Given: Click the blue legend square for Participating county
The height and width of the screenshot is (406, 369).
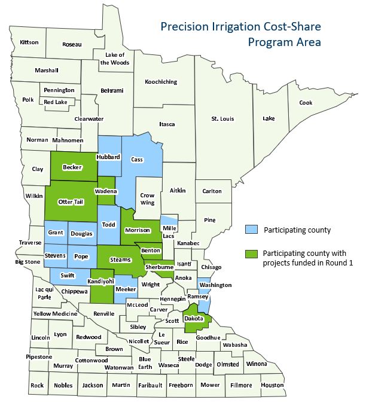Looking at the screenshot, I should pos(251,230).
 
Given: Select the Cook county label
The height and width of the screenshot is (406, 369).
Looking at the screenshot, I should pos(306,102).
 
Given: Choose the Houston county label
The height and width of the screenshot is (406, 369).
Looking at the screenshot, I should pos(272,385).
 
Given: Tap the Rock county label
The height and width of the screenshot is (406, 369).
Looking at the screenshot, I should pos(37,386).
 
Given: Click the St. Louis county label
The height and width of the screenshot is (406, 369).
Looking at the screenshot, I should pos(222,119).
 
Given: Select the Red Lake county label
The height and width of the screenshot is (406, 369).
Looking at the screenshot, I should pos(56,102).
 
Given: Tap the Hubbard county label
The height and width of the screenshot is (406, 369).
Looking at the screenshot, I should pos(109,157).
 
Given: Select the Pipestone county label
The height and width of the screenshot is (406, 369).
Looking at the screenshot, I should pos(39,357).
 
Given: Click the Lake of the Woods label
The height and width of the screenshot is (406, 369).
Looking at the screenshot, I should pos(117,59).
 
